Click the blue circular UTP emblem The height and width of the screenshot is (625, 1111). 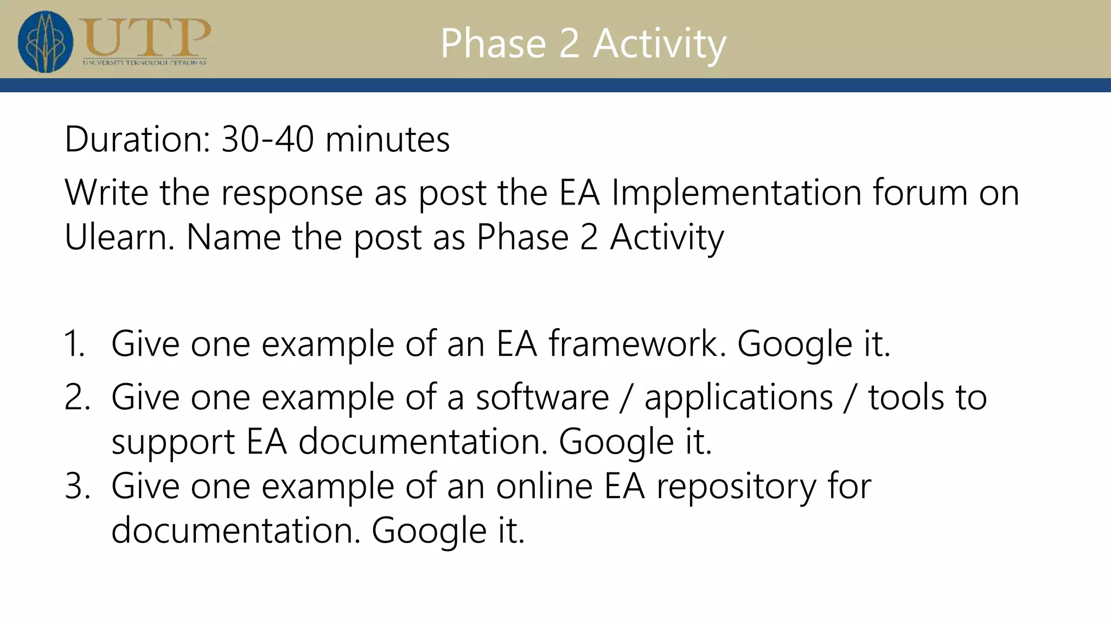pos(45,42)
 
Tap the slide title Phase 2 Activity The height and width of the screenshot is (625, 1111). pos(583,43)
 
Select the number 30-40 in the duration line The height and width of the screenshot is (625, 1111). pos(267,139)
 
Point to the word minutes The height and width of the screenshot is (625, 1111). pos(387,139)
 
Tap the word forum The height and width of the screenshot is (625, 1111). pos(920,193)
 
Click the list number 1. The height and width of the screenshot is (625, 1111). pos(75,344)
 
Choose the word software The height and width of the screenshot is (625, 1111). pos(542,397)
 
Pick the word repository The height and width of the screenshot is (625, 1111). pos(736,487)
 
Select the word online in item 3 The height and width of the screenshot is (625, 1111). pos(544,486)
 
